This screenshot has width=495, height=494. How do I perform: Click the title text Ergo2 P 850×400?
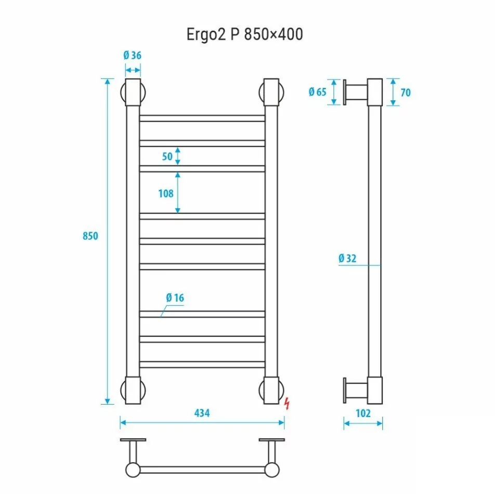(244, 34)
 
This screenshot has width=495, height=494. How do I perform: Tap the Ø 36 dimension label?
(133, 56)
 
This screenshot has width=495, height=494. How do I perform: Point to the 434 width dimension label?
(202, 413)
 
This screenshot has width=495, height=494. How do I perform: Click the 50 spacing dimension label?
(167, 156)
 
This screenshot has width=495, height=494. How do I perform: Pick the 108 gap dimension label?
(165, 193)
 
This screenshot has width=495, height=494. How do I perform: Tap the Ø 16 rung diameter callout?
(175, 298)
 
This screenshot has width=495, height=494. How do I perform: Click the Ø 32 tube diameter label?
(347, 258)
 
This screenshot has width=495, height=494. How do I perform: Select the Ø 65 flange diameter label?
(317, 92)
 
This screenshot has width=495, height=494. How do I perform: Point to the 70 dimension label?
(406, 93)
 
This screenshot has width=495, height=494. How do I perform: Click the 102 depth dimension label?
(363, 413)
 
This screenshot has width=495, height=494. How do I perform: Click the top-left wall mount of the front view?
(133, 93)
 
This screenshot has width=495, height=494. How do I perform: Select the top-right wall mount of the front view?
(272, 92)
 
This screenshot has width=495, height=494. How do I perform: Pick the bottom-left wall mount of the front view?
(133, 390)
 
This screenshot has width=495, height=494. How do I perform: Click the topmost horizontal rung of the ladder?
(202, 118)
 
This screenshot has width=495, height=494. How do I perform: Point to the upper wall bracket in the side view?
(355, 92)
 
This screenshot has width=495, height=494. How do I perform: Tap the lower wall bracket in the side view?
(355, 390)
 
